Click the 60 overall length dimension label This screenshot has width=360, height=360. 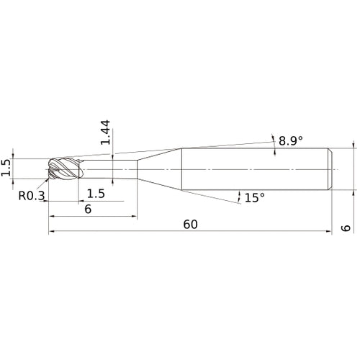pyautogui.click(x=191, y=225)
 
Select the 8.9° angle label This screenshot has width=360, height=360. pyautogui.click(x=291, y=140)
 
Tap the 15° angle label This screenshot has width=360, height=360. pyautogui.click(x=255, y=197)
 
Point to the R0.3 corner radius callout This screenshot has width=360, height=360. pyautogui.click(x=32, y=196)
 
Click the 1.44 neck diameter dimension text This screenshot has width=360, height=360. pyautogui.click(x=105, y=132)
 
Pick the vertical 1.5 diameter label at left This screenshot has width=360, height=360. pyautogui.click(x=6, y=168)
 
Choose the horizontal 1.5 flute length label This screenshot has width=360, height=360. pyautogui.click(x=96, y=194)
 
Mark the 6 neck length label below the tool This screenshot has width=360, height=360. pyautogui.click(x=88, y=210)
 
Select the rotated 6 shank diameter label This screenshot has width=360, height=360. pyautogui.click(x=346, y=228)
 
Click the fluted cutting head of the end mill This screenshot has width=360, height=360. pyautogui.click(x=63, y=168)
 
